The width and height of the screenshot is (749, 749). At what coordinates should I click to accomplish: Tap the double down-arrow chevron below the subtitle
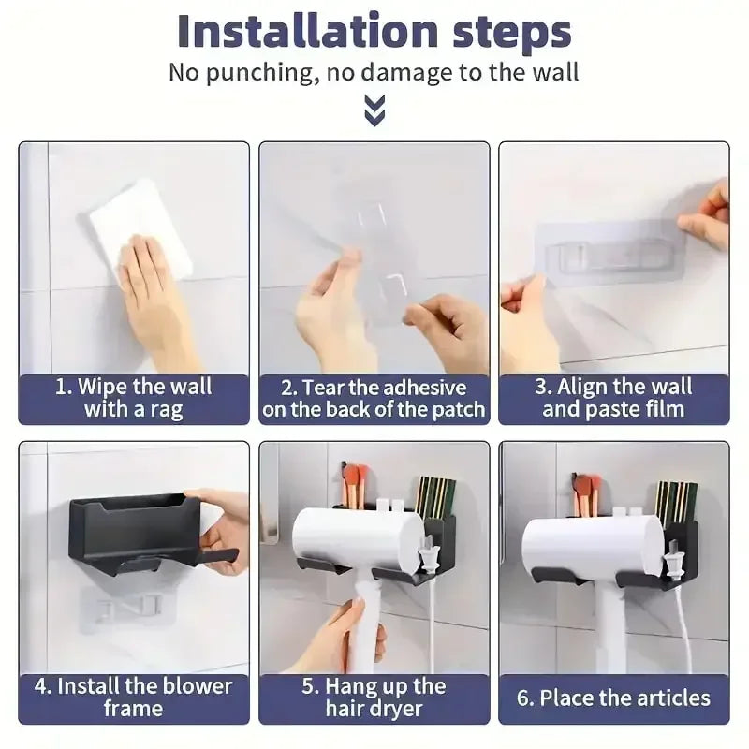coord(374,113)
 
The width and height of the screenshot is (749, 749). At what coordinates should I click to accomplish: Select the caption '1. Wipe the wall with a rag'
coord(135,397)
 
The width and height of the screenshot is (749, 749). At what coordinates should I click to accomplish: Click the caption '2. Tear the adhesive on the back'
coord(374,397)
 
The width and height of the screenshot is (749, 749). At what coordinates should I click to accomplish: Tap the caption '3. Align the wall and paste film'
coord(613,397)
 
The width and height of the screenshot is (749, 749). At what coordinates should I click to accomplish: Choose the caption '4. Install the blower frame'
coord(135,697)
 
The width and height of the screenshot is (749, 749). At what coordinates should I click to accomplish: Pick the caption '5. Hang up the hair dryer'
coord(374,697)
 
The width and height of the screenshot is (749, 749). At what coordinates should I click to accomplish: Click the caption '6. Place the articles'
coord(613,698)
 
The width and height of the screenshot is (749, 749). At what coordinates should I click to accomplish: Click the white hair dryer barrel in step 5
coord(351,539)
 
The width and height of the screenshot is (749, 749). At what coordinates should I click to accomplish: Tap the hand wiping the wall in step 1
coord(154,290)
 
